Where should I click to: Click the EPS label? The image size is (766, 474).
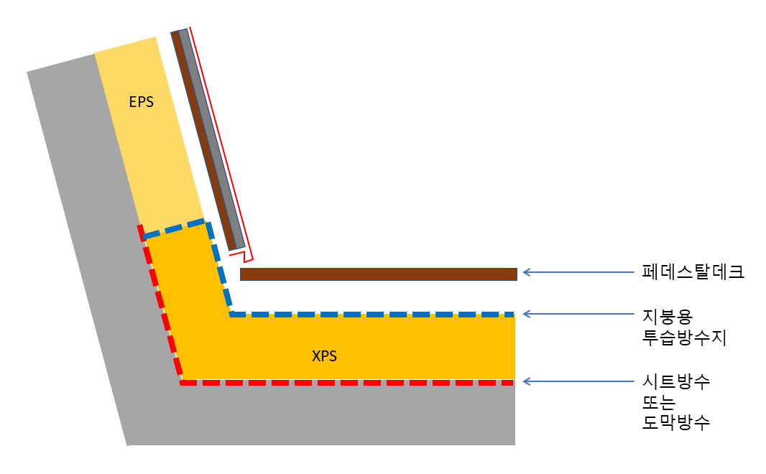click(141, 102)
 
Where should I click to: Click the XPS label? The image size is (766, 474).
click(325, 355)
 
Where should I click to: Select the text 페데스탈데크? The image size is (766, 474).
click(692, 272)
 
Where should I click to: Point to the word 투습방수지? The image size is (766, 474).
click(684, 338)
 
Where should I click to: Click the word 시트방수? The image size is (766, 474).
click(675, 381)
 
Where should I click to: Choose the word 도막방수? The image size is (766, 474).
click(675, 422)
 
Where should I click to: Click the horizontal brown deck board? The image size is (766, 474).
click(379, 274)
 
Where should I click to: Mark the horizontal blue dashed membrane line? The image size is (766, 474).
click(372, 315)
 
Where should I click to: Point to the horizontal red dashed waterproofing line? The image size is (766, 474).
click(348, 383)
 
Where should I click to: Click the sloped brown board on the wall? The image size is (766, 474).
click(203, 140)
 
